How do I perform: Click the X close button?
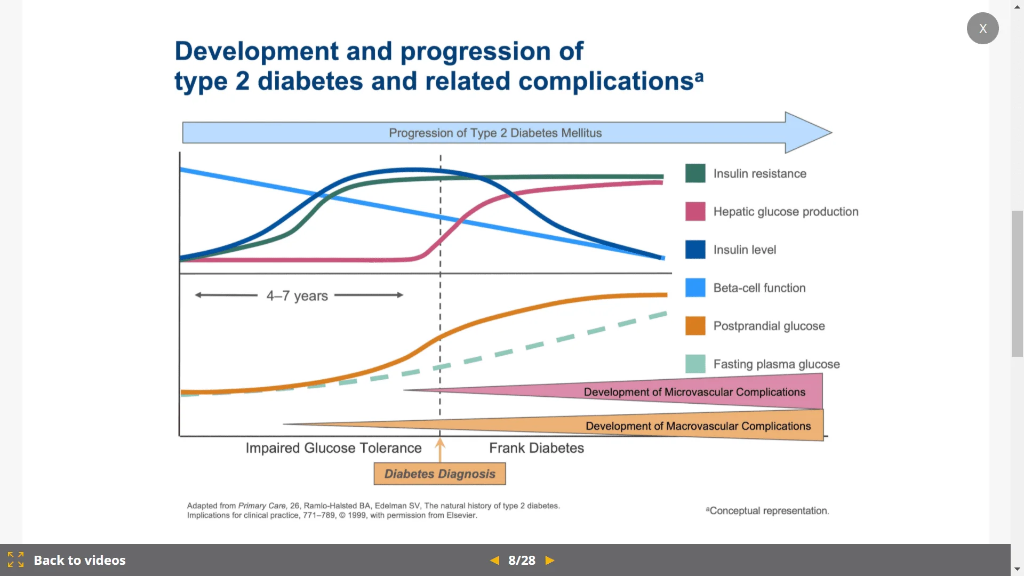click(982, 28)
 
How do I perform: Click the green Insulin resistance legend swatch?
click(695, 173)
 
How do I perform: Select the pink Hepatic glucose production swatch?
click(695, 211)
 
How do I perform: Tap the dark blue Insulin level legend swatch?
click(695, 250)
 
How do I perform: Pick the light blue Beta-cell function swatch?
click(695, 287)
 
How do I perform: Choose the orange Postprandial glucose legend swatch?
click(695, 326)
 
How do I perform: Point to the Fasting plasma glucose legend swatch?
click(695, 364)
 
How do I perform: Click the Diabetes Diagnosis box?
click(439, 474)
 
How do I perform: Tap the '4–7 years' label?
click(297, 295)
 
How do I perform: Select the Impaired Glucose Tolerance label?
click(333, 448)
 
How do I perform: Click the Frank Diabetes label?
click(537, 448)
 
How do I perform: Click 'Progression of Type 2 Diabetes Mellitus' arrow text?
click(495, 133)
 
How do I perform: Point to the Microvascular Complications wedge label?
click(694, 392)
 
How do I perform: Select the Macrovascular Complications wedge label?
click(698, 426)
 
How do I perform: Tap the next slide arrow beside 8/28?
click(550, 561)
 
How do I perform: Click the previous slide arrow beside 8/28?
click(495, 561)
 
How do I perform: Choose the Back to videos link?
click(79, 561)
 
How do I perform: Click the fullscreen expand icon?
click(16, 560)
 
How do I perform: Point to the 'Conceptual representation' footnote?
click(767, 511)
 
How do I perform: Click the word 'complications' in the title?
click(606, 82)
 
